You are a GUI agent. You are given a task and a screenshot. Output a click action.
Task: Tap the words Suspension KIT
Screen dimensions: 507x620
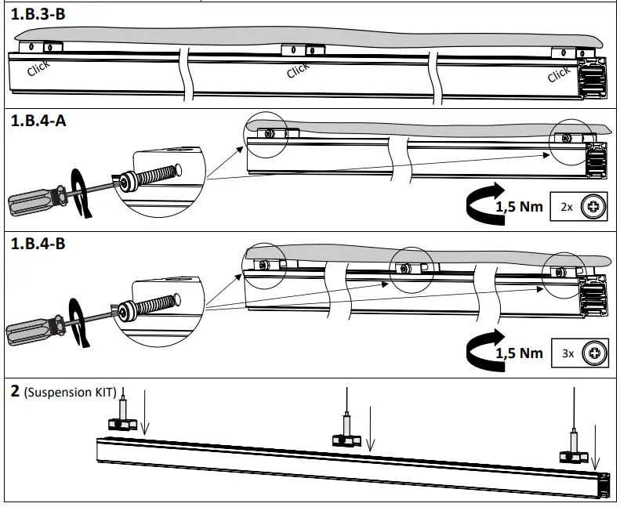pyautogui.click(x=70, y=391)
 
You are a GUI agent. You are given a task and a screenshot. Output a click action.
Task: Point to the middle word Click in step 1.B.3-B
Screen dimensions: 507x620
pyautogui.click(x=298, y=71)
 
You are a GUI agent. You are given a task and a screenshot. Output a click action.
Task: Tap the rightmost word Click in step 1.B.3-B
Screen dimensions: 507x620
pyautogui.click(x=559, y=74)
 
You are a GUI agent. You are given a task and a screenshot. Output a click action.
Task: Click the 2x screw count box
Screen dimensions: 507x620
pyautogui.click(x=581, y=208)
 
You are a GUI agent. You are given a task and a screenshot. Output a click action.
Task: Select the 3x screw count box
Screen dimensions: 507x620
pyautogui.click(x=581, y=353)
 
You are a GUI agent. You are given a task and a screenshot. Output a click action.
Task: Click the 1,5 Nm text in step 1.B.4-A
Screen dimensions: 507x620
pyautogui.click(x=519, y=208)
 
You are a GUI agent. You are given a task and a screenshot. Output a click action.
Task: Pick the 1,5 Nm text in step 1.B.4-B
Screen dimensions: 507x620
pyautogui.click(x=519, y=353)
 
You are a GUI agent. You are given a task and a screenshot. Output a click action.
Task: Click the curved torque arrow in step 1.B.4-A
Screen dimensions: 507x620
pyautogui.click(x=482, y=204)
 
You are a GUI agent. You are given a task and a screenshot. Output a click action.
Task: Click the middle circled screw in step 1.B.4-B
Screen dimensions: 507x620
pyautogui.click(x=404, y=269)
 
